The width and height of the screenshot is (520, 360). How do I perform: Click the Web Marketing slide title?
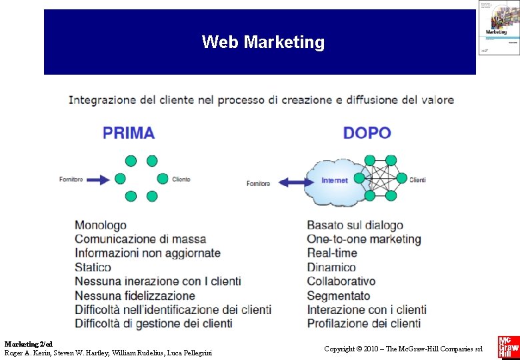tap(263, 43)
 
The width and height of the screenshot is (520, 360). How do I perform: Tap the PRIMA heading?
tap(129, 133)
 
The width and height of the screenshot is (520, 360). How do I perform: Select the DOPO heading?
tap(367, 133)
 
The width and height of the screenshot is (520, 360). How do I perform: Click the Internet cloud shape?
tap(333, 181)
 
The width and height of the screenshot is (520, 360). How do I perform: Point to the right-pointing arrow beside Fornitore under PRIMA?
tap(97, 179)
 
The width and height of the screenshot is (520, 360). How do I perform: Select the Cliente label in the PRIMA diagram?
tap(181, 179)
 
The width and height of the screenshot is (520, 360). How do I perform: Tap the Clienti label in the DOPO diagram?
tap(417, 180)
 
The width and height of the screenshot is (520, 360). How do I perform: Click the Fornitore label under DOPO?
tap(258, 183)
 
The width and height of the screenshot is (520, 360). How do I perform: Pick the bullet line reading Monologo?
tap(101, 225)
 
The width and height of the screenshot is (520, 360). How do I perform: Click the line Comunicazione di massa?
tap(141, 239)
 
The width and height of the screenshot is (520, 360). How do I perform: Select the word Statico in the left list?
tap(93, 267)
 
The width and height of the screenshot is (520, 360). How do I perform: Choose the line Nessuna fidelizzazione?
tap(135, 295)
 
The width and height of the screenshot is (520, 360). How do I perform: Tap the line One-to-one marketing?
tap(364, 239)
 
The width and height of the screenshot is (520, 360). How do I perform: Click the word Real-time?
tap(332, 253)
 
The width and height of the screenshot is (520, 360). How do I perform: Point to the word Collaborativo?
tap(341, 281)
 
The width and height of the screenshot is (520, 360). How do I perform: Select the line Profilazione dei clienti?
tap(364, 323)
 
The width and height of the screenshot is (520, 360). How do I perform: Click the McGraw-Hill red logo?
tap(507, 347)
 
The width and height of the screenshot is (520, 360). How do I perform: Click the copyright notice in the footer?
tap(403, 349)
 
